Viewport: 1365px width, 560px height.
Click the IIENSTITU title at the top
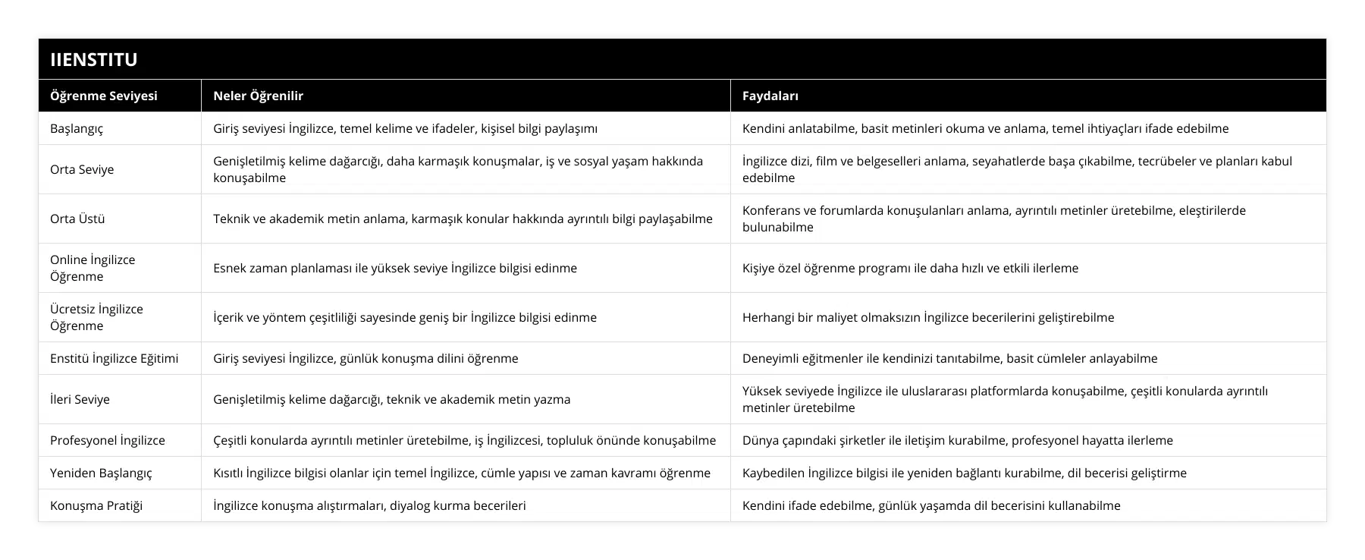tap(94, 59)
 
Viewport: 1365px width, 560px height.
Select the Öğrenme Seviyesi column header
tap(104, 96)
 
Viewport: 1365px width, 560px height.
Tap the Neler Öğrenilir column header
tap(258, 96)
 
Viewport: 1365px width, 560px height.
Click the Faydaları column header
tap(770, 96)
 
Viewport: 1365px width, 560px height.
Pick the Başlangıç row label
tap(77, 128)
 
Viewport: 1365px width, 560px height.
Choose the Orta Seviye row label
tap(82, 169)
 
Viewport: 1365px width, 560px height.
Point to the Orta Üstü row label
tap(77, 219)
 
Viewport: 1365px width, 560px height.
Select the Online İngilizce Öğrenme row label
tap(93, 268)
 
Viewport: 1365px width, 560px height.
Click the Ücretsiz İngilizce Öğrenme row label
tap(96, 317)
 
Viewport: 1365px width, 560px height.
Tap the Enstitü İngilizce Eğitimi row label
tap(115, 358)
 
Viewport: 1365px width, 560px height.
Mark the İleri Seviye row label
tap(80, 399)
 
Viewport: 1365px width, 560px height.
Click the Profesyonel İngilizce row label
tap(108, 440)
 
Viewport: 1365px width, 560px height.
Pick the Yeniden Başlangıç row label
tap(101, 473)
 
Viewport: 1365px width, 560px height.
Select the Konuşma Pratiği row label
tap(96, 505)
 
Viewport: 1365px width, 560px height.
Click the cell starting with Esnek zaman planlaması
tap(395, 268)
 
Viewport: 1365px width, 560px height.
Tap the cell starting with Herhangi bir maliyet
tap(928, 317)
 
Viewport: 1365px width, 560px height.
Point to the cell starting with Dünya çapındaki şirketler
tap(957, 440)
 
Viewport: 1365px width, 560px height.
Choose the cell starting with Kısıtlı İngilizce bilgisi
tap(462, 473)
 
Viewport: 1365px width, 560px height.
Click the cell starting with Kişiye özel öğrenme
tap(910, 268)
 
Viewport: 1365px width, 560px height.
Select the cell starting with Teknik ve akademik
tap(463, 219)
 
